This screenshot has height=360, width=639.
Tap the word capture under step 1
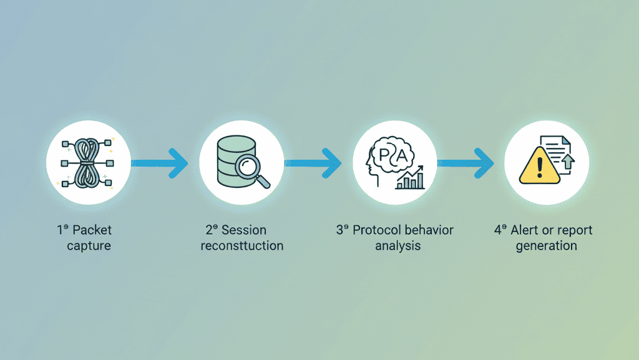89,246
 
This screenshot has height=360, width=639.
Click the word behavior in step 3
429,230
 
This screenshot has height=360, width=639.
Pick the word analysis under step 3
398,246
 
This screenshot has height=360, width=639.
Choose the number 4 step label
498,230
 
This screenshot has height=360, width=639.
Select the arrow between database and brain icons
313,163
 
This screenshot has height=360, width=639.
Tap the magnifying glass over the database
251,168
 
